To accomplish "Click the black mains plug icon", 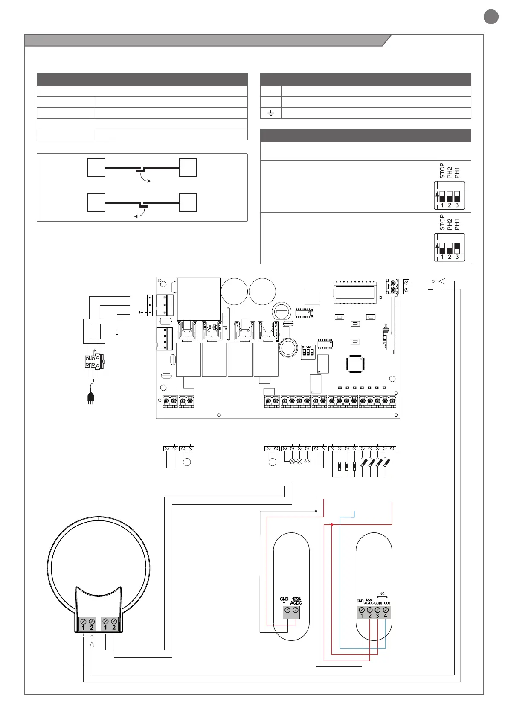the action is click(90, 397).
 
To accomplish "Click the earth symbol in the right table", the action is click(271, 113).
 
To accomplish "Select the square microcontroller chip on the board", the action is click(356, 363).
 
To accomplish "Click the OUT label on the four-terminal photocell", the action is click(387, 603).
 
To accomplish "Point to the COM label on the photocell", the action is click(378, 603).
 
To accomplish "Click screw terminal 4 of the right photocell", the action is click(386, 610).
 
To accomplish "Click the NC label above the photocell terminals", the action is click(382, 594).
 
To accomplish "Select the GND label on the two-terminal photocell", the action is click(284, 599).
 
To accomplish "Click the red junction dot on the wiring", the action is click(331, 524).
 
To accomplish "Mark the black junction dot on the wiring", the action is click(316, 511).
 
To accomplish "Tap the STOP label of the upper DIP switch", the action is click(442, 170).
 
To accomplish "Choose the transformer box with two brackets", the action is click(94, 331).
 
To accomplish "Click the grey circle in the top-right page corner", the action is click(491, 17).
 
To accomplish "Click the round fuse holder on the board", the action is click(282, 310).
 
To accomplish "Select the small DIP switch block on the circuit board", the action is click(308, 352).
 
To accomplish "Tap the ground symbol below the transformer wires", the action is click(117, 333).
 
